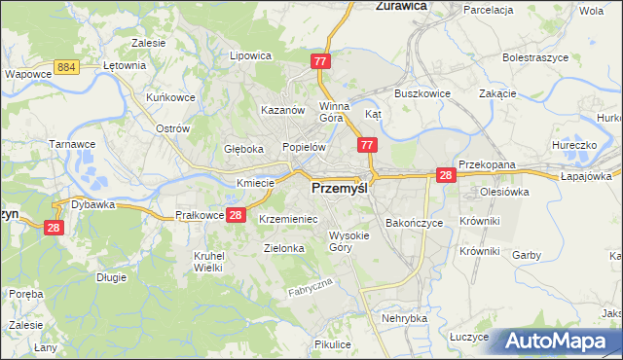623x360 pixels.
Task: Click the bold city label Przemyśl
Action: coord(340,189)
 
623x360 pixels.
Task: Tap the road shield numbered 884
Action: coord(67,66)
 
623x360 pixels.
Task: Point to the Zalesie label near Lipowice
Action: coord(148,44)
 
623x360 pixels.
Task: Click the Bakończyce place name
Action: coord(414,223)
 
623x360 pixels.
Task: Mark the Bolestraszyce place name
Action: coord(535,58)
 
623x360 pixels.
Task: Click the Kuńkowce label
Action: coord(144,98)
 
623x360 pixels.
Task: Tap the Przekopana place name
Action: coord(487,165)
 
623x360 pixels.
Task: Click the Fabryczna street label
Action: coord(311,288)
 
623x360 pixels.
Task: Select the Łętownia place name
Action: coord(124,66)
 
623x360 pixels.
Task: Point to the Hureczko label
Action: coord(572,145)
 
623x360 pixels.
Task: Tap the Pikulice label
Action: coord(333,345)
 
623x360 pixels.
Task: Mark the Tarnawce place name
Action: coord(70,144)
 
